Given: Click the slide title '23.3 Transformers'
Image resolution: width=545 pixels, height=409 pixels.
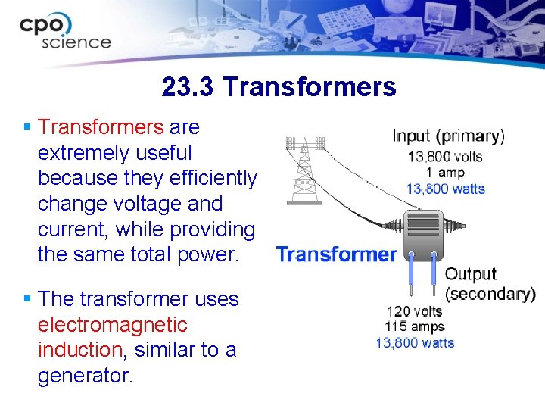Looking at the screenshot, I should pyautogui.click(x=279, y=87).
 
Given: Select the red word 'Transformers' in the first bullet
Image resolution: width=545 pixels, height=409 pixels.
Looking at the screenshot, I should pyautogui.click(x=101, y=127).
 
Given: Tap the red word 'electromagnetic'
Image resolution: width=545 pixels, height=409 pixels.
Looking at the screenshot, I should pyautogui.click(x=112, y=325).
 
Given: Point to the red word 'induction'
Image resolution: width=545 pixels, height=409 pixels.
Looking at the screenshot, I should pyautogui.click(x=79, y=350).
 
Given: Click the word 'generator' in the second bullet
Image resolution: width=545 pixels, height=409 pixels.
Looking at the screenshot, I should pyautogui.click(x=83, y=376).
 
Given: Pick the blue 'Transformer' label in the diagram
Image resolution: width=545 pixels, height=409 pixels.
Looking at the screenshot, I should pyautogui.click(x=336, y=254).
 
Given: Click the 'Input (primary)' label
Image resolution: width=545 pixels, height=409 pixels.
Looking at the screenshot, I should pyautogui.click(x=448, y=136).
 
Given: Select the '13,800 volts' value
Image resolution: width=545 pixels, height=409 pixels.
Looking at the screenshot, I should pyautogui.click(x=445, y=157).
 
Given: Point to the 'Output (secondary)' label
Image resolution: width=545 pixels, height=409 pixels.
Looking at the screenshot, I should pyautogui.click(x=489, y=283).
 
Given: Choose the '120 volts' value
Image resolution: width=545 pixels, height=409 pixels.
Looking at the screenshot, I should pyautogui.click(x=415, y=311).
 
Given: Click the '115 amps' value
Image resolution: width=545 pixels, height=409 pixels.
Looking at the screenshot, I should pyautogui.click(x=414, y=326).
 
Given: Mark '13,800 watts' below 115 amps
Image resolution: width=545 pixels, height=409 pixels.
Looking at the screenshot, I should pyautogui.click(x=415, y=343).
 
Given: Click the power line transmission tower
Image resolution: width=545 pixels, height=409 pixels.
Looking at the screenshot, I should pyautogui.click(x=304, y=170).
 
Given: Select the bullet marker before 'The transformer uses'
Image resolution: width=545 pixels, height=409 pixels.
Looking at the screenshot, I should pyautogui.click(x=27, y=299).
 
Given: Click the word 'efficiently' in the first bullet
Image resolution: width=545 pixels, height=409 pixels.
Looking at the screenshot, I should pyautogui.click(x=213, y=178).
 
